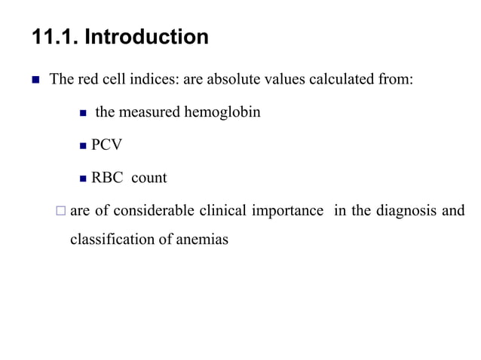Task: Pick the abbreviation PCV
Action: click(x=106, y=145)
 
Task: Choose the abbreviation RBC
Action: click(x=107, y=178)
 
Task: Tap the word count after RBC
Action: click(x=149, y=178)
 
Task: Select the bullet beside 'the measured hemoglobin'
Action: click(x=84, y=114)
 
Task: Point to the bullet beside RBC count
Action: click(x=84, y=179)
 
